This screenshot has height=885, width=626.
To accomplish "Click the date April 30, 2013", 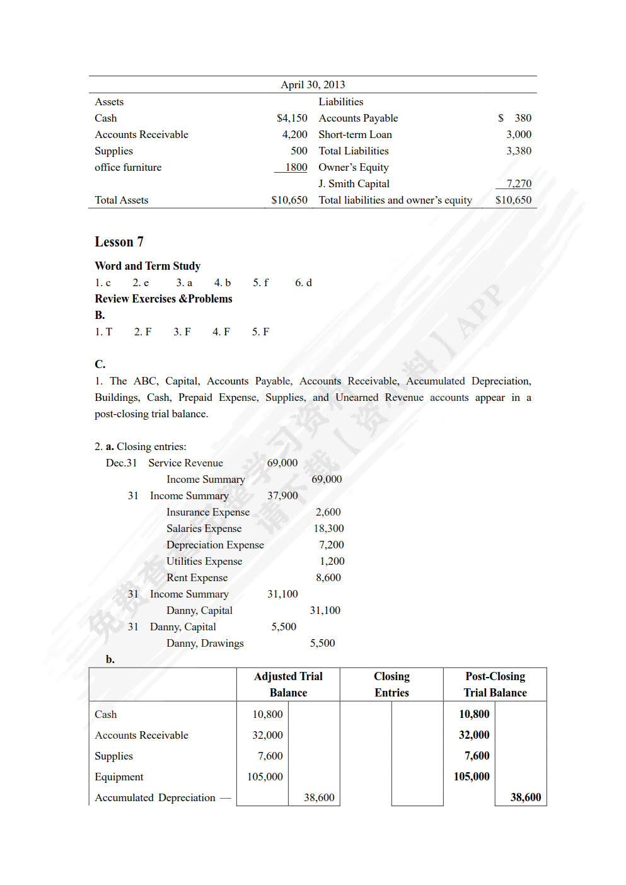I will [313, 84].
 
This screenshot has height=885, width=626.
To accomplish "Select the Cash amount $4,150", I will [292, 118].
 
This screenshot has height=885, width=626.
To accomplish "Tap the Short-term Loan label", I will [355, 134].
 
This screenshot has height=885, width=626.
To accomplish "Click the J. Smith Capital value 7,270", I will [519, 183].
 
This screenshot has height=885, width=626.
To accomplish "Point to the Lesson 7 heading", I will [119, 242].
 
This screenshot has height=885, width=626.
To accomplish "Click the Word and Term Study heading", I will [148, 266].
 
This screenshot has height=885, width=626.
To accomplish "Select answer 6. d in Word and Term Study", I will [303, 282].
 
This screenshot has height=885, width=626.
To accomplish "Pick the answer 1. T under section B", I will [103, 332].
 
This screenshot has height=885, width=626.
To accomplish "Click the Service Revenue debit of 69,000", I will [282, 463].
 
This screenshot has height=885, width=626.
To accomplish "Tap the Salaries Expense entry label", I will [204, 528].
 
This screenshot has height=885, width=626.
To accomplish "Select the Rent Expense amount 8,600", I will [328, 577].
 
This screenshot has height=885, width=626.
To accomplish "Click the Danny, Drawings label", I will [205, 643].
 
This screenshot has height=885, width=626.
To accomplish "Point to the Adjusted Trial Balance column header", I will [288, 684].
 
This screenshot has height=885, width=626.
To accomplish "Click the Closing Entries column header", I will [391, 684].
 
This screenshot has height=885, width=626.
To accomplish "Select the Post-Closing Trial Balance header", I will [495, 684].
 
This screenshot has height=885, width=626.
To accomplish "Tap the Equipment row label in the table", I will [119, 777].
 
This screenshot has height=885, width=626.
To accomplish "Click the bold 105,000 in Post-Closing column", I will [472, 777].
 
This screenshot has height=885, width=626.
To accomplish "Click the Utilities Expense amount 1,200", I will [332, 561].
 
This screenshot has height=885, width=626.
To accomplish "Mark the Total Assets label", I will [122, 200].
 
